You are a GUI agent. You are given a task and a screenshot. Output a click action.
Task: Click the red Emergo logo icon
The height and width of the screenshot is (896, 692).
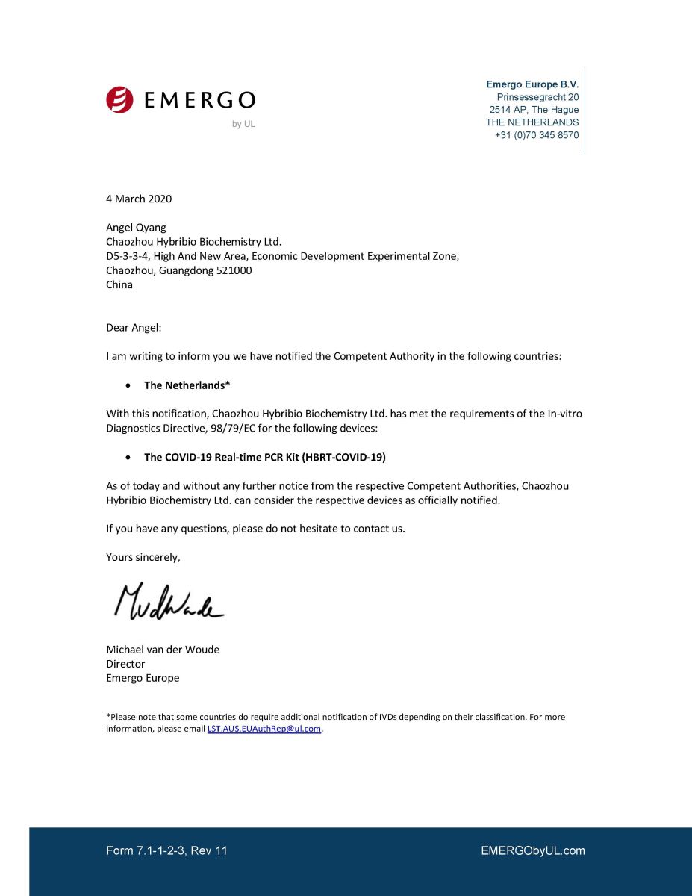(119, 99)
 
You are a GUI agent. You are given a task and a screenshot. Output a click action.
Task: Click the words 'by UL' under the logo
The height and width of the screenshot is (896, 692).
(243, 124)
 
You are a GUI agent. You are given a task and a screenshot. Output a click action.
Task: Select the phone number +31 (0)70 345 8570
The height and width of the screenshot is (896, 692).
(536, 135)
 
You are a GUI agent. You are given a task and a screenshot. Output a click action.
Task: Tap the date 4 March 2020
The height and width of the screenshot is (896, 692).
(139, 199)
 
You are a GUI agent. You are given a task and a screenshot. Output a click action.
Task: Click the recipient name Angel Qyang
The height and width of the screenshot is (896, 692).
(136, 227)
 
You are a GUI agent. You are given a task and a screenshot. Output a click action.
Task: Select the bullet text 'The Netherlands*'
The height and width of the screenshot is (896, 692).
(187, 385)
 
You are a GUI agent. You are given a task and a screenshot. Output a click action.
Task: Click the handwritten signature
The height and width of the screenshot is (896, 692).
(168, 602)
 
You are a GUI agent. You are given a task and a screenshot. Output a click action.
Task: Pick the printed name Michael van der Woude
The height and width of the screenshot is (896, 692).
(163, 650)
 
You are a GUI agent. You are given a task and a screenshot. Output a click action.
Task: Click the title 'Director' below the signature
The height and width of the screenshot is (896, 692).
(125, 664)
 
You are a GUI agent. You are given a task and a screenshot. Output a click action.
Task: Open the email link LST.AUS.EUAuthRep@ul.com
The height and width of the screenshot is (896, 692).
(264, 729)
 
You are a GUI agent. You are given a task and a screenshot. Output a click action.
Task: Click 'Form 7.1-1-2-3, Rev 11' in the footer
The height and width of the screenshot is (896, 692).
(166, 850)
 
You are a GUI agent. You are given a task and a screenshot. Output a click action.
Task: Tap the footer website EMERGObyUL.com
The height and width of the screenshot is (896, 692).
(533, 850)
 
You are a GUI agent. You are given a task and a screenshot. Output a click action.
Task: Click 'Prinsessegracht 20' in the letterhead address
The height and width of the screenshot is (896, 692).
(537, 97)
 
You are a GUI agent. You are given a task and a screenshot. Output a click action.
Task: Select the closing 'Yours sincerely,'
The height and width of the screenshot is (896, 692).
(143, 557)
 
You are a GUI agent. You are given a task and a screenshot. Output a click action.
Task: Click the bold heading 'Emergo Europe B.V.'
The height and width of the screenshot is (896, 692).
(532, 84)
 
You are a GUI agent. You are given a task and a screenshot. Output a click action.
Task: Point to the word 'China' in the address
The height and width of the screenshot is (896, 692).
(119, 284)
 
